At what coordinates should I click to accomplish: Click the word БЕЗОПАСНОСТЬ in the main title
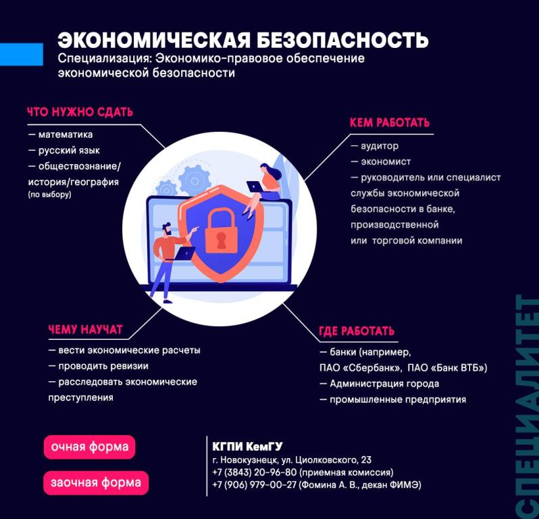[342, 41]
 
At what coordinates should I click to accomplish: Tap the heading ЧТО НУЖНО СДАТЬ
[80, 112]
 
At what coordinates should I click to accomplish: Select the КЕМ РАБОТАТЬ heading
[390, 123]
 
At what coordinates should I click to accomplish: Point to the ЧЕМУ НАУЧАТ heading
[85, 330]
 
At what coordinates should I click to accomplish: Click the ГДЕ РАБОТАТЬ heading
[357, 331]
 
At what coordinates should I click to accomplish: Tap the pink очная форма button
[89, 447]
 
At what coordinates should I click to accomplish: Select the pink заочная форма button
[96, 483]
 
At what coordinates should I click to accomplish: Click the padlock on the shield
[221, 230]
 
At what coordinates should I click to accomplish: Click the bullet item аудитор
[375, 146]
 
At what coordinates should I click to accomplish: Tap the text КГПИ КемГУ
[247, 447]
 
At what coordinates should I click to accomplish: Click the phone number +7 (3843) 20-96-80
[255, 472]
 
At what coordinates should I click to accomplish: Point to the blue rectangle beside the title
[22, 54]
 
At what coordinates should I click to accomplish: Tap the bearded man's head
[167, 229]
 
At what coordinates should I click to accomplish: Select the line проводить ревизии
[99, 366]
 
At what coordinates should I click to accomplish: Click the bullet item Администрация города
[380, 384]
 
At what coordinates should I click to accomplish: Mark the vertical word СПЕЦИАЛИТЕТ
[527, 407]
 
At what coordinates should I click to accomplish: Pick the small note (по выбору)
[49, 195]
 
